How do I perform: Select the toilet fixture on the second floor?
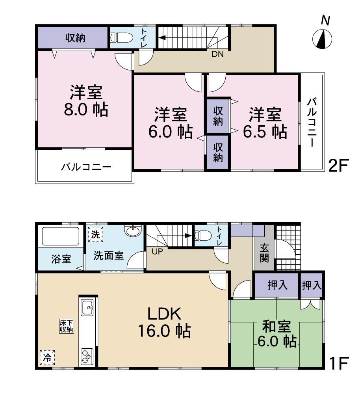coord(119,37)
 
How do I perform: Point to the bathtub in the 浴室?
coord(60,237)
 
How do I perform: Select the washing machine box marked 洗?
coord(95,234)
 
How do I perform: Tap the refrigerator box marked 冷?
coord(47,357)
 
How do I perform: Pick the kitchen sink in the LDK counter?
coord(87,307)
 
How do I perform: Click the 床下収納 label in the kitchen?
coord(67,326)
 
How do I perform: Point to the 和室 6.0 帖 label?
coord(277,334)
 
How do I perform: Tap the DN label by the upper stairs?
coord(217,55)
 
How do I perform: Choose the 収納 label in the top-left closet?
coord(75,38)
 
